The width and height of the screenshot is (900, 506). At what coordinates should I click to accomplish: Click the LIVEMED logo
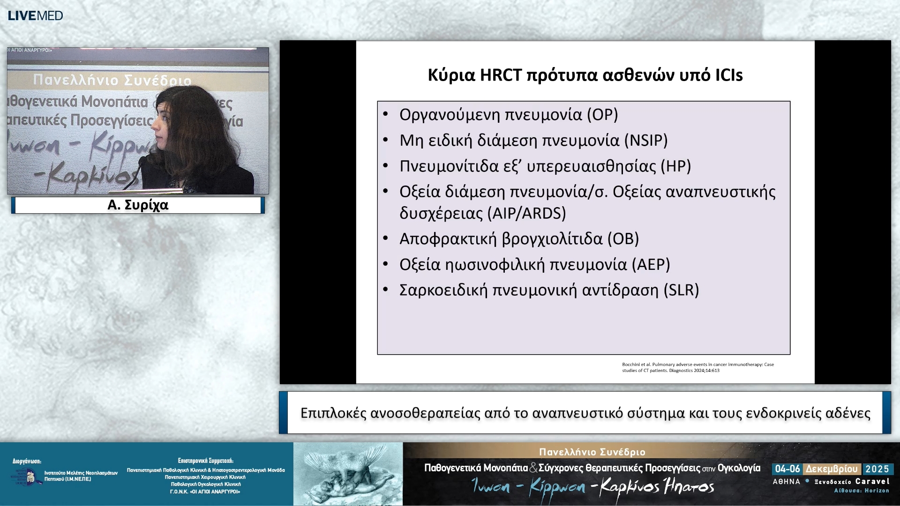tap(35, 15)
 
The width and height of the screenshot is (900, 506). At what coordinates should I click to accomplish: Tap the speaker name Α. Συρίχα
tap(138, 205)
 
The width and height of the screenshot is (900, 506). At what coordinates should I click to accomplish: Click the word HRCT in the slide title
tap(501, 75)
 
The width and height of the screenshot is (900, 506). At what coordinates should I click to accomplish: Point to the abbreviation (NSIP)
tap(646, 141)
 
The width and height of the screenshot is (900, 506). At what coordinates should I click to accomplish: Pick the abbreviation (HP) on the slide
tap(675, 166)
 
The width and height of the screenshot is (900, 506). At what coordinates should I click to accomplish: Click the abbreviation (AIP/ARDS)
tap(527, 214)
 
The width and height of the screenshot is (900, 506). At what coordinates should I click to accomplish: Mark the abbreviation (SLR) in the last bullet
tap(681, 290)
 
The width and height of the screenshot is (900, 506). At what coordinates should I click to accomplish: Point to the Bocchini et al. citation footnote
tap(697, 367)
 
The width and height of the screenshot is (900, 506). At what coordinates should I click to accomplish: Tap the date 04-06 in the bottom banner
tap(787, 469)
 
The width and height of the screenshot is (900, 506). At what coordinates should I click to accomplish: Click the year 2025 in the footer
tap(877, 469)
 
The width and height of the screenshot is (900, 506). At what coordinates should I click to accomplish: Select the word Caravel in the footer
tap(872, 481)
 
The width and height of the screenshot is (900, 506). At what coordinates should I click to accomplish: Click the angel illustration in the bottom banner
tap(348, 474)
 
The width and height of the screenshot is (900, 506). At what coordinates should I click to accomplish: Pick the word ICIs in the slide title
tap(729, 75)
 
